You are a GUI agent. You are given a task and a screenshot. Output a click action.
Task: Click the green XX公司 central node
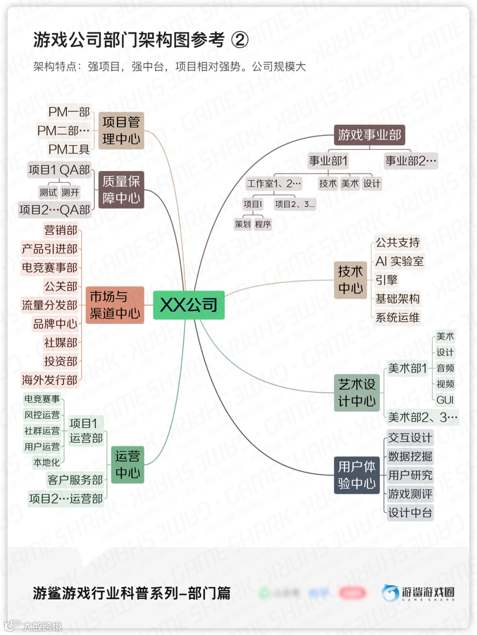pyautogui.click(x=189, y=305)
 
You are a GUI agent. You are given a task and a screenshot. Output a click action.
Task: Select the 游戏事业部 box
pyautogui.click(x=369, y=135)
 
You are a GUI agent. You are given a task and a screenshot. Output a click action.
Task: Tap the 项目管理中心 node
pyautogui.click(x=121, y=131)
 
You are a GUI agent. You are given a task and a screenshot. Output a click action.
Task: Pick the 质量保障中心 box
pyautogui.click(x=121, y=189)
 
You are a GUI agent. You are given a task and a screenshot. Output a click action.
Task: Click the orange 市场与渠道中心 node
pyautogui.click(x=115, y=305)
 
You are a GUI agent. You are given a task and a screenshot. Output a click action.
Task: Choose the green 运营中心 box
pyautogui.click(x=128, y=464)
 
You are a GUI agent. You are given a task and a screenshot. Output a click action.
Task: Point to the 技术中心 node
pyautogui.click(x=350, y=280)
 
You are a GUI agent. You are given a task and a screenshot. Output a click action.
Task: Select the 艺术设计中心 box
pyautogui.click(x=356, y=393)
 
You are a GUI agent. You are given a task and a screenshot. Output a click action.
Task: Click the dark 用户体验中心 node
pyautogui.click(x=356, y=475)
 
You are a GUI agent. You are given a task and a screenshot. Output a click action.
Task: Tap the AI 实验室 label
pyautogui.click(x=399, y=261)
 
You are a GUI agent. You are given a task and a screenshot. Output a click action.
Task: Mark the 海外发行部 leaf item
pyautogui.click(x=50, y=380)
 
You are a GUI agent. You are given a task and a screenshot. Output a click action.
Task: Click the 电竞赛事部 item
pyautogui.click(x=50, y=267)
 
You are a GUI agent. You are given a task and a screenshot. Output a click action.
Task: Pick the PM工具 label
pyautogui.click(x=69, y=150)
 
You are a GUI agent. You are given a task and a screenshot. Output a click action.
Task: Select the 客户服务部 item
pyautogui.click(x=75, y=480)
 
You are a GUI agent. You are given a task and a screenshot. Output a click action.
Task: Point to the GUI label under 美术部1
pyautogui.click(x=445, y=400)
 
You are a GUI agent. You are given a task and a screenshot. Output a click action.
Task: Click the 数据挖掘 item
pyautogui.click(x=410, y=456)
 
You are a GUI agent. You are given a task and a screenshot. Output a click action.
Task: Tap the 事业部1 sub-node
pyautogui.click(x=328, y=161)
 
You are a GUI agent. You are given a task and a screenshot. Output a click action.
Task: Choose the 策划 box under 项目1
pyautogui.click(x=242, y=224)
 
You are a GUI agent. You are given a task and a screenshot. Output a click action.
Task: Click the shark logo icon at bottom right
pyautogui.click(x=390, y=593)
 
